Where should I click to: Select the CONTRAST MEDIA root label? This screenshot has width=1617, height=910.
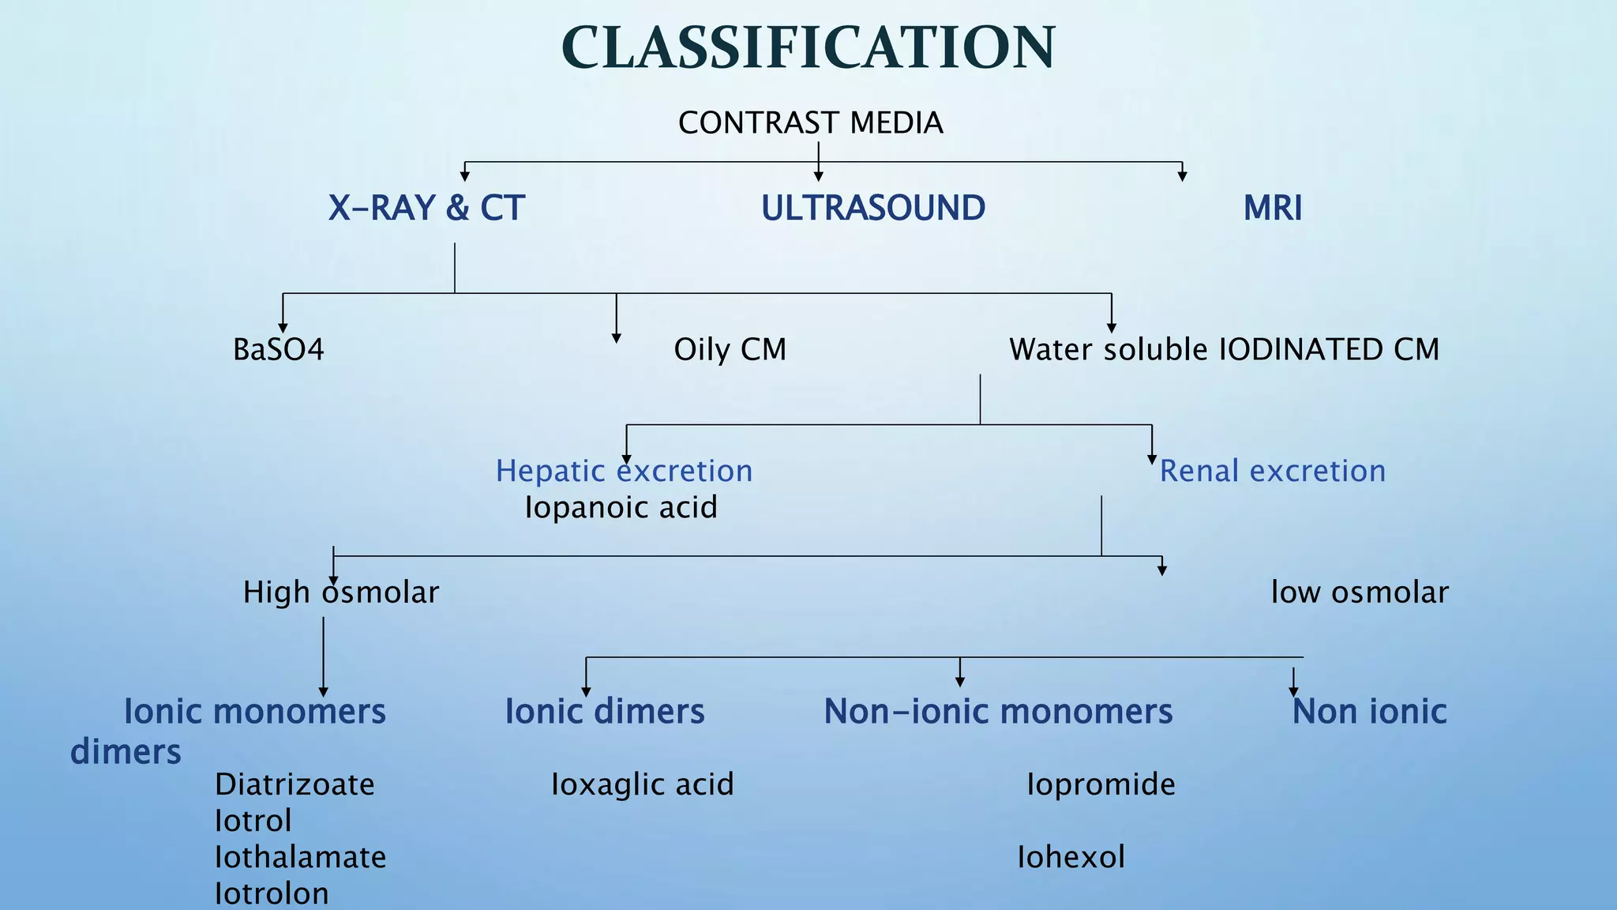(810, 123)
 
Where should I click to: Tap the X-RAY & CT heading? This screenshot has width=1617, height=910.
(426, 209)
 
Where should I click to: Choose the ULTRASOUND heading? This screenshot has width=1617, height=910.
(872, 209)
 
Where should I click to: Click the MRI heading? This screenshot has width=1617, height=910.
(1272, 209)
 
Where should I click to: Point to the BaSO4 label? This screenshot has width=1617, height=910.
(278, 350)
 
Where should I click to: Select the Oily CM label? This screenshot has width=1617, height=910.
(730, 350)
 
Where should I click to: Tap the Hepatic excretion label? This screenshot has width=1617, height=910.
(624, 471)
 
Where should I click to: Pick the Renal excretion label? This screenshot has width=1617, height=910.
(1272, 471)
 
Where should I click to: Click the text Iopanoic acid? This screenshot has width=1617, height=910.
(621, 507)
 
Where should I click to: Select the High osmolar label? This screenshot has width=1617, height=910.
(340, 592)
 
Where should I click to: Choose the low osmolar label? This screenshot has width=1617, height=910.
(1359, 592)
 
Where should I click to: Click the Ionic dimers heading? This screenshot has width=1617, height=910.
(604, 712)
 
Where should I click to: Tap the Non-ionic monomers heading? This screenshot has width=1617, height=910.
(998, 712)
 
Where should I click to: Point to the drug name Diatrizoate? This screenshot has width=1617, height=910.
(295, 784)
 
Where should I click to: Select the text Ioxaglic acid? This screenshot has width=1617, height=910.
(642, 784)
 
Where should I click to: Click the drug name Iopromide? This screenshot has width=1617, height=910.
(1101, 784)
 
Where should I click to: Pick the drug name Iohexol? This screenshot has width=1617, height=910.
(1071, 857)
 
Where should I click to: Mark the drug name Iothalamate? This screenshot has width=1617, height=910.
(300, 857)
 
